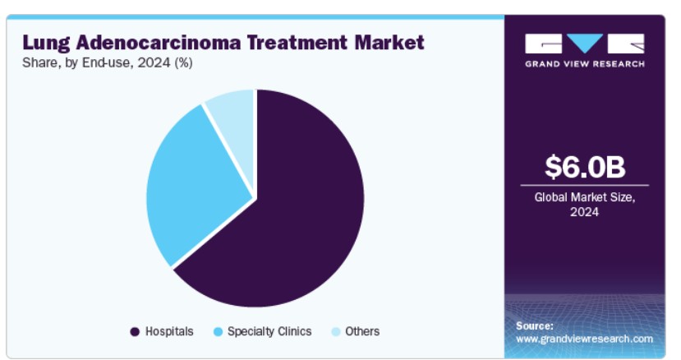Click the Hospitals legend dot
[x=135, y=332]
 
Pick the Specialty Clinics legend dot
[x=218, y=332]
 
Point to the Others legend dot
[x=335, y=332]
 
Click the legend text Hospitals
[x=169, y=331]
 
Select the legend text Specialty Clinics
[x=269, y=331]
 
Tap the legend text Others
[x=362, y=331]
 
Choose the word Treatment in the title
[x=297, y=43]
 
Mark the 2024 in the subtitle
[x=154, y=63]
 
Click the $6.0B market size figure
[x=585, y=167]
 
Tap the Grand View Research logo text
[x=585, y=64]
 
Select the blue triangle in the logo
[x=585, y=43]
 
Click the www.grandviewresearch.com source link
[x=584, y=339]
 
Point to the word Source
[x=535, y=325]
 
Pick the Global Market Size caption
[x=585, y=205]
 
